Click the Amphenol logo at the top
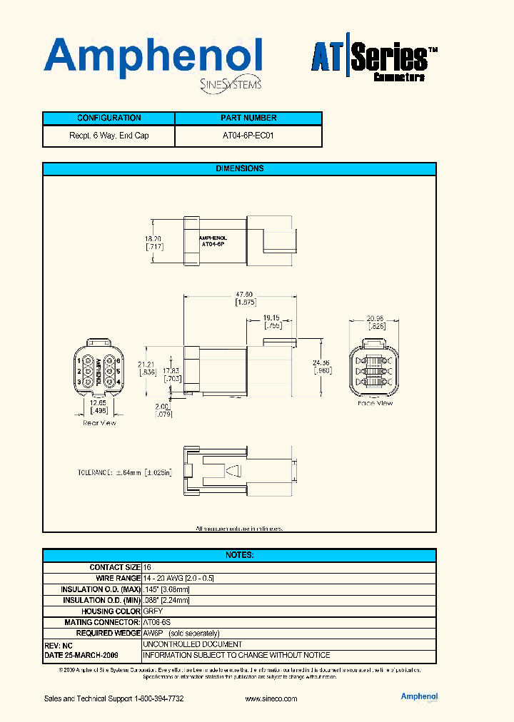click(x=153, y=59)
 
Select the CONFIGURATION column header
click(x=109, y=118)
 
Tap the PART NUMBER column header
click(x=248, y=118)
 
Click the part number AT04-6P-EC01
click(x=248, y=136)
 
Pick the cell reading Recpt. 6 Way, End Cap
click(x=109, y=136)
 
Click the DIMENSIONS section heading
click(x=239, y=169)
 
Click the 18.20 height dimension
click(x=153, y=239)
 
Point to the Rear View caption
click(x=99, y=423)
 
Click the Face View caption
click(x=376, y=404)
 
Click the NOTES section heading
click(x=239, y=555)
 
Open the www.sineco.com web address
click(x=271, y=699)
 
